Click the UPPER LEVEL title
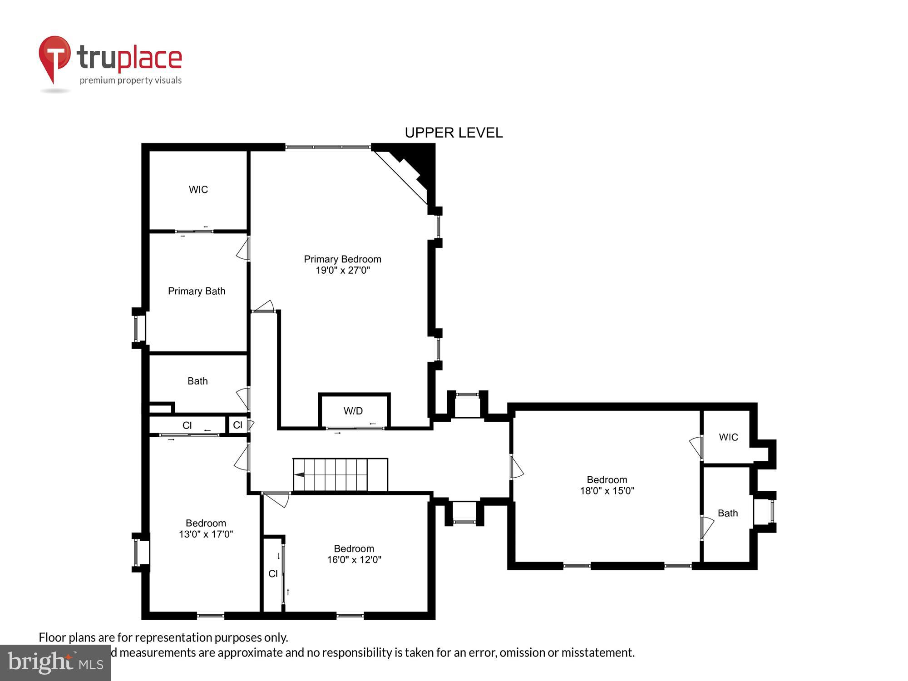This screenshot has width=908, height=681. click(454, 133)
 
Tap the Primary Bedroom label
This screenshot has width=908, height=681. click(342, 259)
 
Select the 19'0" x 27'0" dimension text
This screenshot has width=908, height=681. click(343, 271)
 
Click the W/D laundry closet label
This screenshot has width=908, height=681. click(353, 411)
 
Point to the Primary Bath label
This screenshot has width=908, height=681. click(197, 291)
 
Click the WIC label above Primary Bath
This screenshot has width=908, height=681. click(198, 189)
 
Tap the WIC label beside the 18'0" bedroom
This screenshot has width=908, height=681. click(728, 437)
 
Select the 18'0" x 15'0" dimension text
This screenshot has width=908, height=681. click(607, 491)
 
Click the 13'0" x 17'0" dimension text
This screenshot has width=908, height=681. click(206, 534)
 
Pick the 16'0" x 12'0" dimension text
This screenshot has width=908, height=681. click(354, 560)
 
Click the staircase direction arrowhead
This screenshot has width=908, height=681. click(299, 474)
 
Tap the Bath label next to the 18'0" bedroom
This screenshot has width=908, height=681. click(727, 513)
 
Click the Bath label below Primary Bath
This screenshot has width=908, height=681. click(197, 381)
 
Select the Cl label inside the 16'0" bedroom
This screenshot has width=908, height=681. click(273, 573)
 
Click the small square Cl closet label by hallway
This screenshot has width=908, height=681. click(237, 425)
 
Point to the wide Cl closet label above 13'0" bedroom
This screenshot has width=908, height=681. click(187, 425)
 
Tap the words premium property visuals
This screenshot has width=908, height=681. click(131, 80)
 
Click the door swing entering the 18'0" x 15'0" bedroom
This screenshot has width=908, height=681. click(517, 468)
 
